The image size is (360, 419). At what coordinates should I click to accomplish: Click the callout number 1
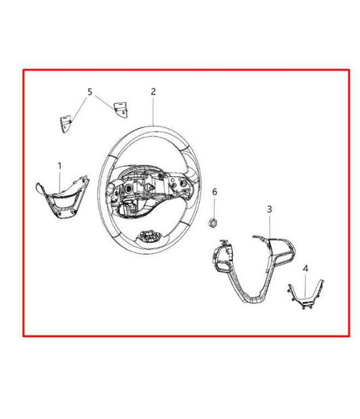(59, 166)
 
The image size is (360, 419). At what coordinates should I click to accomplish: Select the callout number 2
(153, 92)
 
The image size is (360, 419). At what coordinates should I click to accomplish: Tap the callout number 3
(269, 209)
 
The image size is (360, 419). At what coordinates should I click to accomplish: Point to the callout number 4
(305, 269)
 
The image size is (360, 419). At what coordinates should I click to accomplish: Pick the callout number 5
(90, 92)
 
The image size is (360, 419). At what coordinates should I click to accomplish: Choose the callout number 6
(215, 192)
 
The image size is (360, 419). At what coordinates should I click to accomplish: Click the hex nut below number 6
(213, 223)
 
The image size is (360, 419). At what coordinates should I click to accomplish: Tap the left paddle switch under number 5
(66, 123)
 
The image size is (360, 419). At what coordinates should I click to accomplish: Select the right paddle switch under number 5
(120, 109)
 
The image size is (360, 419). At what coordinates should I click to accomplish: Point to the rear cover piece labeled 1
(63, 198)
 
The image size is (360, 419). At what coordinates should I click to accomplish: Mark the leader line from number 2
(153, 111)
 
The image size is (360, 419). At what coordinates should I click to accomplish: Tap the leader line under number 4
(306, 285)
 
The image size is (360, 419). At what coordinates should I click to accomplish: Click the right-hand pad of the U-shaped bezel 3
(282, 250)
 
